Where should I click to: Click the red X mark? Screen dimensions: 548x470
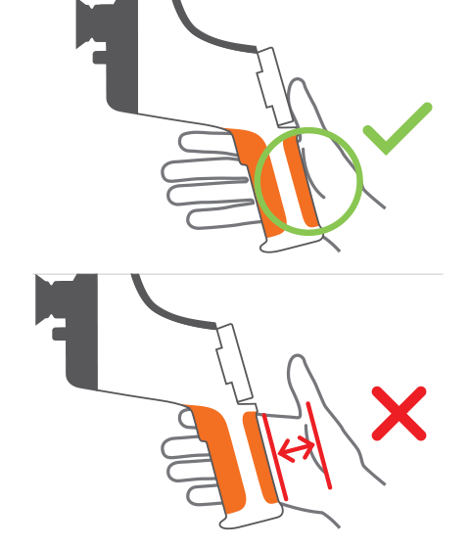(x=399, y=413)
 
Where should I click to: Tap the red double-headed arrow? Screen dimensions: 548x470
(x=298, y=449)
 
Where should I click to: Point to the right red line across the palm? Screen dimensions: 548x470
(x=320, y=445)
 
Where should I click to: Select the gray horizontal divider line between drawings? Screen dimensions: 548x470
(x=235, y=274)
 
